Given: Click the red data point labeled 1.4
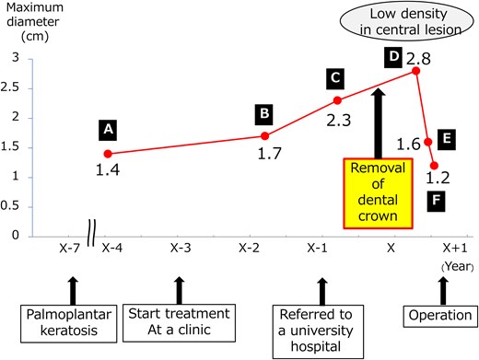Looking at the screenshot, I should coord(109,154).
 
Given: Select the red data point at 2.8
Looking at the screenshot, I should coord(416,71).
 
